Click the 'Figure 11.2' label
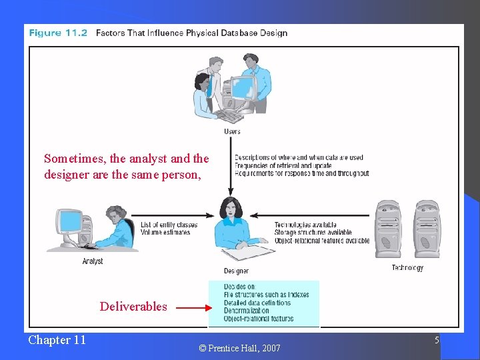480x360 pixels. pyautogui.click(x=58, y=33)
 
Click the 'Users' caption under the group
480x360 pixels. pyautogui.click(x=232, y=132)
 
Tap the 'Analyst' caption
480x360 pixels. pyautogui.click(x=93, y=261)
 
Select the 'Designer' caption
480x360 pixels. pyautogui.click(x=236, y=271)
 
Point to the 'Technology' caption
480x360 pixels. pyautogui.click(x=407, y=268)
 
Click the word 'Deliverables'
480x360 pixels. pyautogui.click(x=133, y=307)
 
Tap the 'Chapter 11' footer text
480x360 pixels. pyautogui.click(x=57, y=340)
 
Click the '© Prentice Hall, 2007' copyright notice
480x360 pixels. pyautogui.click(x=239, y=348)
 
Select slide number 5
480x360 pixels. pyautogui.click(x=437, y=340)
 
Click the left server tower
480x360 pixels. pyautogui.click(x=388, y=228)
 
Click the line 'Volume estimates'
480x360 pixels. pyautogui.click(x=165, y=232)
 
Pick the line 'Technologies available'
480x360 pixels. pyautogui.click(x=305, y=225)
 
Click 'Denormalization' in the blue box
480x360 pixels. pyautogui.click(x=247, y=311)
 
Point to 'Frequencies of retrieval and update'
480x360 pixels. pyautogui.click(x=283, y=165)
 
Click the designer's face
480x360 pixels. pyautogui.click(x=232, y=208)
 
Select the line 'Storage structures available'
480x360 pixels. pyautogui.click(x=313, y=233)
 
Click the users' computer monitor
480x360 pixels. pyautogui.click(x=241, y=87)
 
